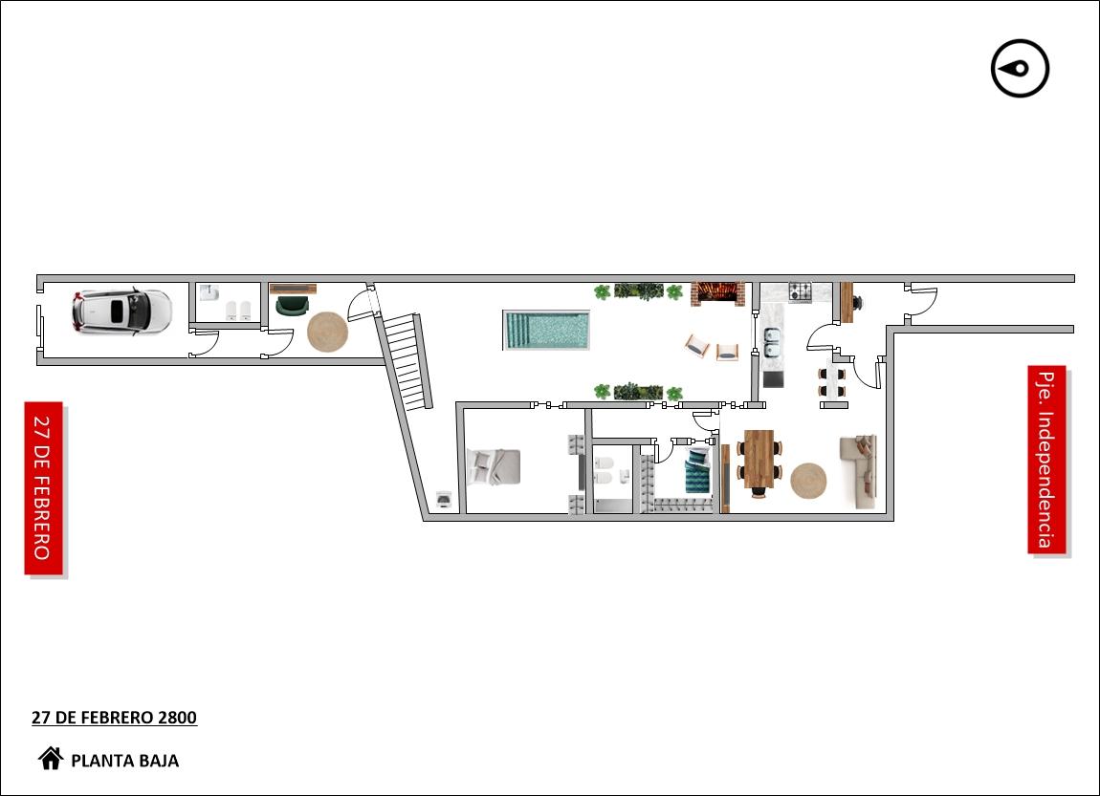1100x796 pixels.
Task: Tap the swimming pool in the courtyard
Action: click(546, 330)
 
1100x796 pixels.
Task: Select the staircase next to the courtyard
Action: click(406, 361)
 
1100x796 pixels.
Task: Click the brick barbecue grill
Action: click(717, 293)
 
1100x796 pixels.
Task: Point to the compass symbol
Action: click(1020, 69)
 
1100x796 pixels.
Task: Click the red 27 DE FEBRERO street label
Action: click(43, 488)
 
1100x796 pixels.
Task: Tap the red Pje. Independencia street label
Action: click(1046, 460)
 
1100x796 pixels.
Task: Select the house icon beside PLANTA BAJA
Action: click(51, 758)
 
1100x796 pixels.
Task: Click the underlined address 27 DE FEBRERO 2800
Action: click(115, 718)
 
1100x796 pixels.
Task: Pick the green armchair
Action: click(293, 306)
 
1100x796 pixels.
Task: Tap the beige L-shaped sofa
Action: click(859, 471)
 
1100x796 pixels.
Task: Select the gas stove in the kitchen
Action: click(800, 291)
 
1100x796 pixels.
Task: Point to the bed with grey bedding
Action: click(495, 466)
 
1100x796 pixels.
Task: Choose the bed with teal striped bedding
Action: click(698, 471)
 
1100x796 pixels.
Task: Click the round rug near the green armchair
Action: click(328, 333)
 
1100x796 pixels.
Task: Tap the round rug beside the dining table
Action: click(808, 481)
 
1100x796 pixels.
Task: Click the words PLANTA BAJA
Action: click(125, 761)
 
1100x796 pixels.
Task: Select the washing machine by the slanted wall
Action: click(444, 498)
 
